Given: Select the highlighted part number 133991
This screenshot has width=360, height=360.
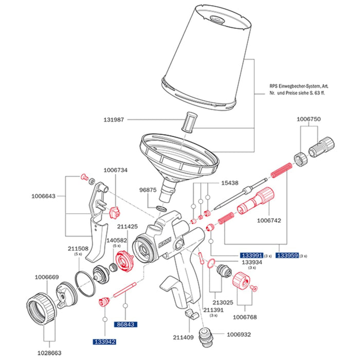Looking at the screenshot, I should pyautogui.click(x=252, y=255).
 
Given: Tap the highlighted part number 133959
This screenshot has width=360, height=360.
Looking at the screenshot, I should pyautogui.click(x=287, y=255).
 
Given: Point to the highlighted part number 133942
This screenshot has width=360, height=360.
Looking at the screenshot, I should pyautogui.click(x=104, y=341).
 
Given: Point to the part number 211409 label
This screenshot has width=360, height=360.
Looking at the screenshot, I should pyautogui.click(x=184, y=337).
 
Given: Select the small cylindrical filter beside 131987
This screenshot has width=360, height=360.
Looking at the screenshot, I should pyautogui.click(x=188, y=123).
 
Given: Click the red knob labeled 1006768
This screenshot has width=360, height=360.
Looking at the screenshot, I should pyautogui.click(x=241, y=282).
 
